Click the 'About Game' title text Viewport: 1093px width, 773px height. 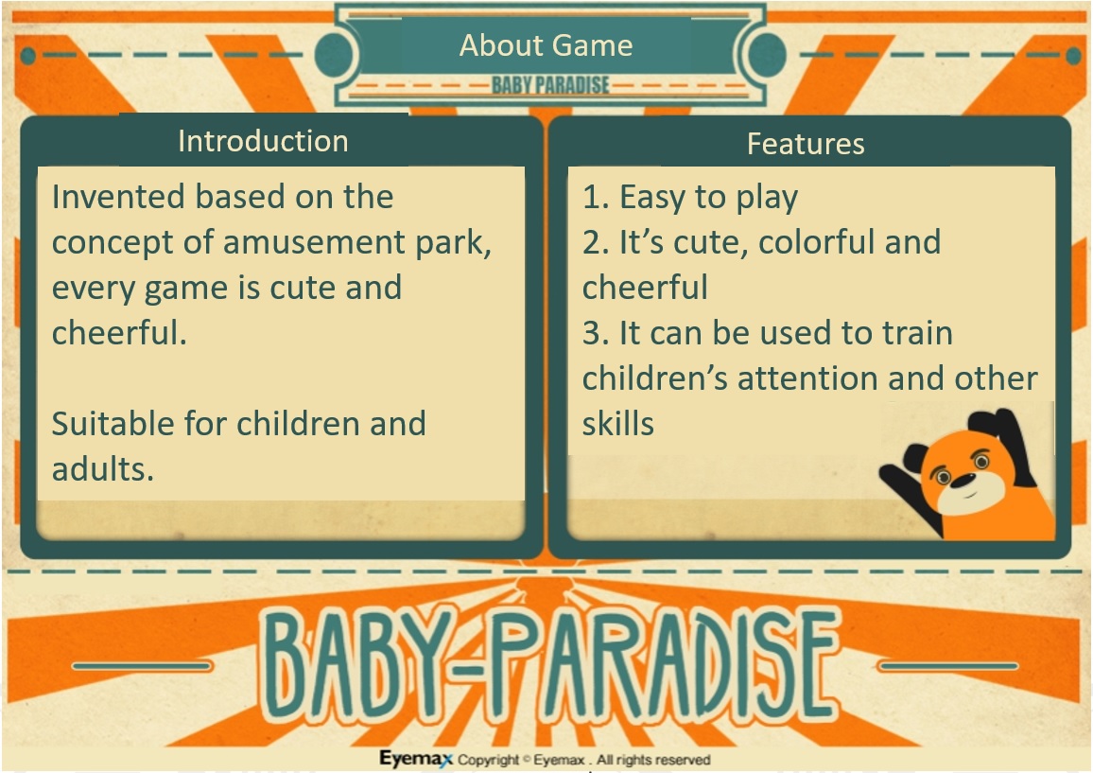click(x=546, y=46)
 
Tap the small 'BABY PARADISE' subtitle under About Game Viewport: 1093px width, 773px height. click(x=550, y=85)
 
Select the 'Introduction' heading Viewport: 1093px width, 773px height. click(x=263, y=141)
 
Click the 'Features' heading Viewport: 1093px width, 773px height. click(x=806, y=144)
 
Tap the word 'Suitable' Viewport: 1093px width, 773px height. click(x=113, y=424)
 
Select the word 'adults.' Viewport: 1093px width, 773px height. click(x=103, y=469)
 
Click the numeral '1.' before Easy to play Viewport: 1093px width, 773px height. click(x=596, y=197)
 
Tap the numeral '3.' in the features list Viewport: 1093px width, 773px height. click(x=597, y=333)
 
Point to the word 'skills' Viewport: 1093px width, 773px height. click(x=618, y=424)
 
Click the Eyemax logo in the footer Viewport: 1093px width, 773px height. click(x=416, y=759)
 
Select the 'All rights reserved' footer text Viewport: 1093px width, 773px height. click(x=653, y=760)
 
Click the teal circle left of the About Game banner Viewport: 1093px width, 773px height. click(x=333, y=55)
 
